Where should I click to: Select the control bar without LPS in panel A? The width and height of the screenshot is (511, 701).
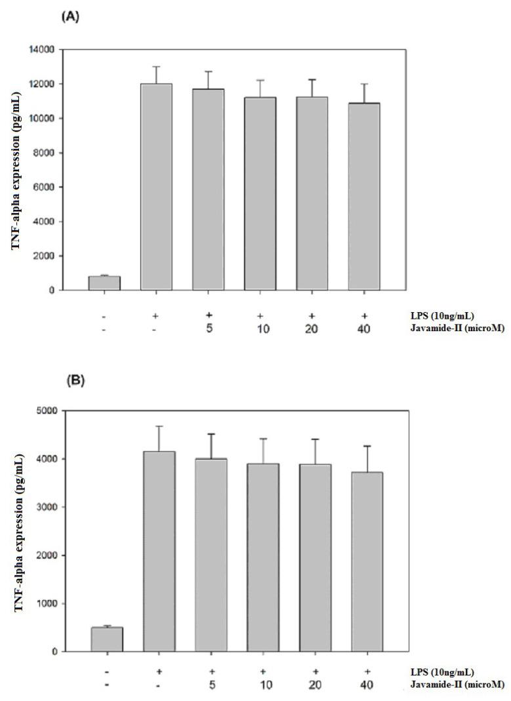[x=104, y=283]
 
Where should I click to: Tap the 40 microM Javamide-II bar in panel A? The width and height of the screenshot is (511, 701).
[x=364, y=197]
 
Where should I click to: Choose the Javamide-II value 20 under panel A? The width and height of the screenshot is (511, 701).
[x=312, y=329]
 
